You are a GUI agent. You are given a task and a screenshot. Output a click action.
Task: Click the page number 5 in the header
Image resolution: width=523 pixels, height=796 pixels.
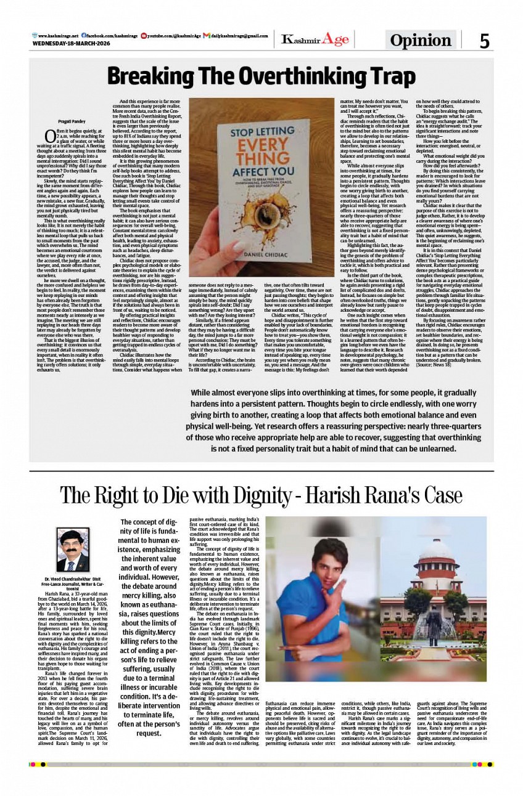click(484, 41)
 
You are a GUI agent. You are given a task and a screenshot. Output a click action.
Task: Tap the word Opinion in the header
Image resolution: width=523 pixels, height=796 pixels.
click(421, 41)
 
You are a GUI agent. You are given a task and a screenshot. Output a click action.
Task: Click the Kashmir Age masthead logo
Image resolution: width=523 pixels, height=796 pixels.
click(315, 40)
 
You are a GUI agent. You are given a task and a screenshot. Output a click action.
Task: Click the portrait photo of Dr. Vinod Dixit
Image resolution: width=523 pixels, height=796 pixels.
click(73, 550)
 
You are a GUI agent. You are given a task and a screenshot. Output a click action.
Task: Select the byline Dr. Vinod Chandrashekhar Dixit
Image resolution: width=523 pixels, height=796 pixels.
click(73, 579)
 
